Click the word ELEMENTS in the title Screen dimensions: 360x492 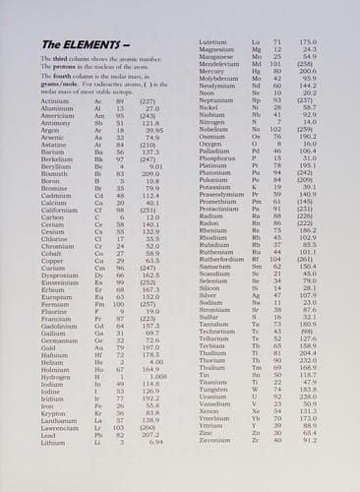[x=89, y=45]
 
